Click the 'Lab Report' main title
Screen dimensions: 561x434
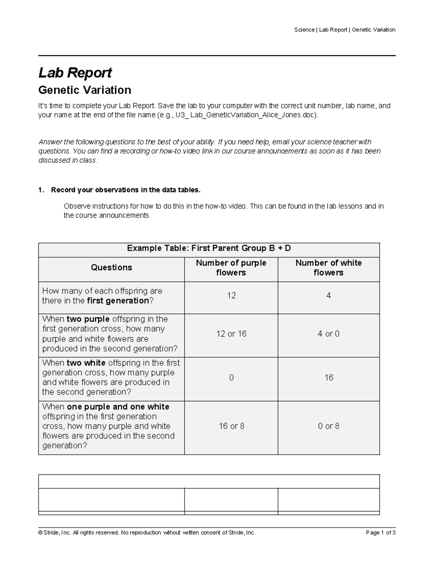(x=75, y=73)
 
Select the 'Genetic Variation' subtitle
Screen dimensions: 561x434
(x=85, y=90)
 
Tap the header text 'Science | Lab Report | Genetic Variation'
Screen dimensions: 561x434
(x=344, y=30)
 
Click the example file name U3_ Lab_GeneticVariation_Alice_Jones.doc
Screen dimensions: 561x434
(x=247, y=115)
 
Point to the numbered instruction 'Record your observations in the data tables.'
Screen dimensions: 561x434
(x=125, y=190)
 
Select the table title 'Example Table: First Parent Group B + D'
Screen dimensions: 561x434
(x=209, y=248)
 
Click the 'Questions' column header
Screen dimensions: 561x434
(x=111, y=268)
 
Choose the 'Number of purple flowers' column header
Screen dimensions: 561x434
(x=231, y=268)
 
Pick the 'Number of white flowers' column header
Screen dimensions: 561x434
(x=328, y=268)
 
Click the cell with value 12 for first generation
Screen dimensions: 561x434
(x=231, y=296)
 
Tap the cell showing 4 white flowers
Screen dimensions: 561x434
(x=328, y=296)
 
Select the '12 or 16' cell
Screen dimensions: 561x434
(x=231, y=334)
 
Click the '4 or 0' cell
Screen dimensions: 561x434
(x=328, y=334)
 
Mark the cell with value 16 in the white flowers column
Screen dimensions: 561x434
(x=328, y=378)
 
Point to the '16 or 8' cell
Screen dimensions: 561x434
(x=231, y=426)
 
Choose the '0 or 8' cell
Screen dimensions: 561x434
(x=328, y=426)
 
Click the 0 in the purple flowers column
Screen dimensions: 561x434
(x=231, y=378)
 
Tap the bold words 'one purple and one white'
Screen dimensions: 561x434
(x=118, y=407)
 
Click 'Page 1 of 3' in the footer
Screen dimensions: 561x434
(x=380, y=533)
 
